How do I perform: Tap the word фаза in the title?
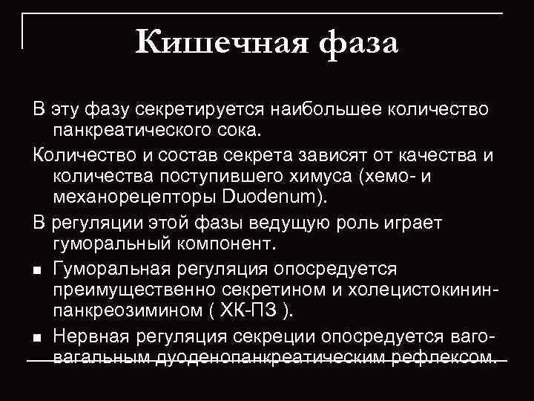click(359, 43)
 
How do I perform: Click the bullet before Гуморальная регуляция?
click(37, 269)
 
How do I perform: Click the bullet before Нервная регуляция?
click(37, 337)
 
